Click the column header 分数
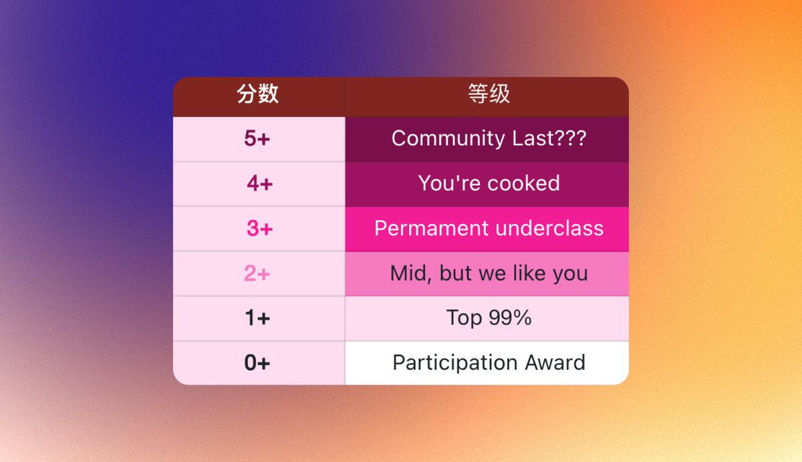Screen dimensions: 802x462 point(258,94)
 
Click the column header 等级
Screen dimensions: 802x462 point(489,94)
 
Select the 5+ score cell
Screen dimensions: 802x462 point(257,138)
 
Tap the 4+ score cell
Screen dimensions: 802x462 point(259,183)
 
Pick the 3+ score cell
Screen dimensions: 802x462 point(259,228)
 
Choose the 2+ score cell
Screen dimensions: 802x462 point(257,273)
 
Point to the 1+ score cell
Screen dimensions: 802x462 point(257,318)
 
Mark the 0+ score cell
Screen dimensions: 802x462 point(257,362)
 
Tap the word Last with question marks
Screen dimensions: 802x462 point(549,138)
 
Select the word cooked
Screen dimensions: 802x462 point(523,183)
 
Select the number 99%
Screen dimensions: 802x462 point(510,318)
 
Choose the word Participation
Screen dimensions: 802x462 point(455,363)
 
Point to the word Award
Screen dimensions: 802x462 point(555,362)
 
